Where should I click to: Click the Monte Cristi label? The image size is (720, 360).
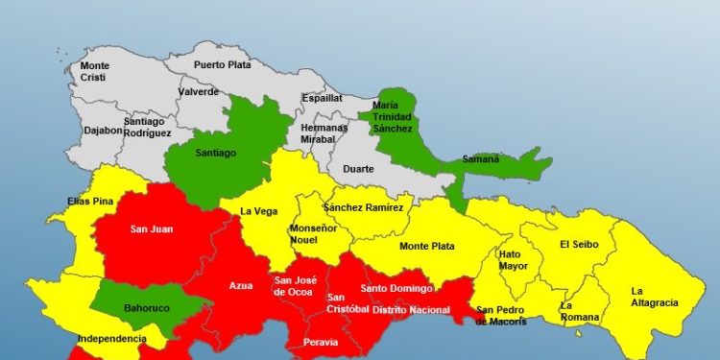[95, 72]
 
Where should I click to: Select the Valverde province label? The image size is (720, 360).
[199, 92]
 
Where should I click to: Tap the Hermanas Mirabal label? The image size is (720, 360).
[318, 133]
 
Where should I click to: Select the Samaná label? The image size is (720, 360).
[481, 159]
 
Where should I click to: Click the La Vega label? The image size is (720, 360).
[259, 211]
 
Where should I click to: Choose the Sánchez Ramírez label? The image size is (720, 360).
[369, 206]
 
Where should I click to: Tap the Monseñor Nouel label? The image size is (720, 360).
[314, 234]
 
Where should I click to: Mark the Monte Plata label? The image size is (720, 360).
[426, 247]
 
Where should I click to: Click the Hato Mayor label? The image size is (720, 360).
[513, 260]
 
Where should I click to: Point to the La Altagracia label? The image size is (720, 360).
[654, 297]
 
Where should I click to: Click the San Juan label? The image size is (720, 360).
[151, 229]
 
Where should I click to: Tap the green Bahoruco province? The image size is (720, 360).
[147, 308]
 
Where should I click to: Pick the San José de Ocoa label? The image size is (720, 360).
[293, 286]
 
